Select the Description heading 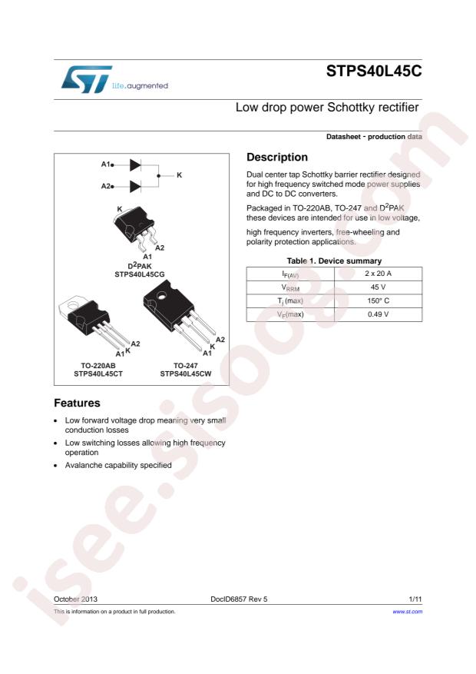pyautogui.click(x=277, y=157)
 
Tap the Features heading pyautogui.click(x=77, y=403)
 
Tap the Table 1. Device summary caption pyautogui.click(x=334, y=261)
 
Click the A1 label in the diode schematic pyautogui.click(x=107, y=164)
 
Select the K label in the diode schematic pyautogui.click(x=179, y=175)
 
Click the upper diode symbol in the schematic pyautogui.click(x=135, y=164)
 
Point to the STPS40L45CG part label pyautogui.click(x=140, y=273)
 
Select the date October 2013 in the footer pyautogui.click(x=75, y=597)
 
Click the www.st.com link pyautogui.click(x=407, y=612)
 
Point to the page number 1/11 pyautogui.click(x=415, y=597)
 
